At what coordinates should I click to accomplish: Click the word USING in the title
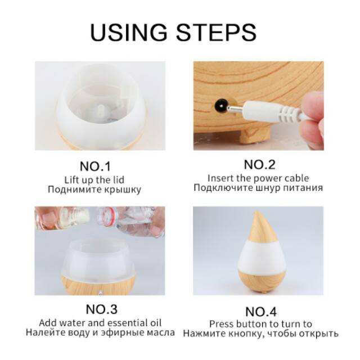pyautogui.click(x=129, y=32)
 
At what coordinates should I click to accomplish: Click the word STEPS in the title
pyautogui.click(x=216, y=32)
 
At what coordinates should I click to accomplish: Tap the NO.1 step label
pyautogui.click(x=95, y=166)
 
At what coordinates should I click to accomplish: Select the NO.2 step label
pyautogui.click(x=259, y=164)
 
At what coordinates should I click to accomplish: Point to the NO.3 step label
pyautogui.click(x=101, y=309)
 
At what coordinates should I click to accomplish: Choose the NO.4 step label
pyautogui.click(x=261, y=312)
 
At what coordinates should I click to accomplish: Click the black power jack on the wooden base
pyautogui.click(x=220, y=105)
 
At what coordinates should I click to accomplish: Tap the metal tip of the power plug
pyautogui.click(x=235, y=109)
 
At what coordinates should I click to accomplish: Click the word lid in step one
pyautogui.click(x=119, y=180)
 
